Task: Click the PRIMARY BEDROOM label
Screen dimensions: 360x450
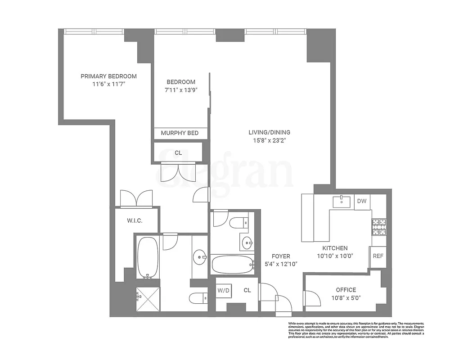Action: [108, 76]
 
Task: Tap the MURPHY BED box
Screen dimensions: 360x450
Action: [180, 133]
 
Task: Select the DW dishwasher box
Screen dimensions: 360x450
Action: [362, 202]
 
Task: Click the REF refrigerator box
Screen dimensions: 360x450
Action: [377, 256]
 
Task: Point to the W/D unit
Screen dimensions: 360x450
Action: [223, 290]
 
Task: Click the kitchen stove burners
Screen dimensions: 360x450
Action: [378, 227]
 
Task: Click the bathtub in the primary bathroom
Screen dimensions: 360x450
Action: [147, 257]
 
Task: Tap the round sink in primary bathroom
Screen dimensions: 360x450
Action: [200, 259]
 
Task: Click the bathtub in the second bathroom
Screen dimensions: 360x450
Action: [232, 265]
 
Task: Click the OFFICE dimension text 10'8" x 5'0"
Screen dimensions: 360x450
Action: [346, 297]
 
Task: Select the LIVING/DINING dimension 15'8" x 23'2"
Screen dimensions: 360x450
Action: [269, 140]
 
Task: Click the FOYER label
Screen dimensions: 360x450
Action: [281, 256]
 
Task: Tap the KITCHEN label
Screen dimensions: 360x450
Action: [334, 248]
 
